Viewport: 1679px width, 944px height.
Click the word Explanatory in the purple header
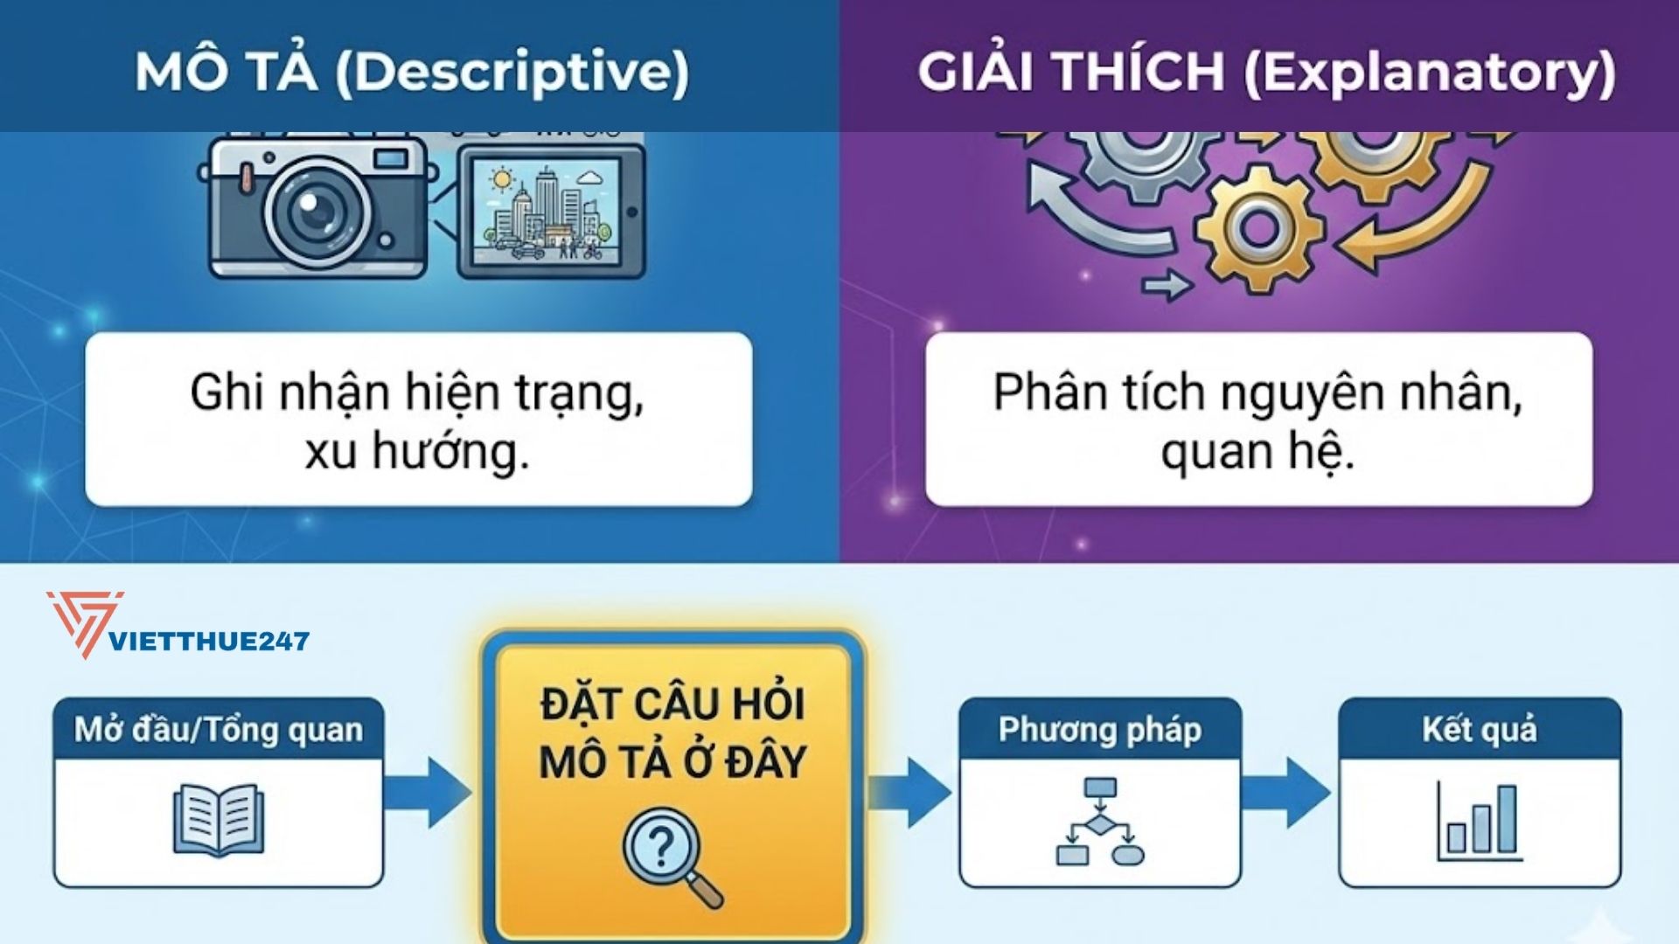point(1429,72)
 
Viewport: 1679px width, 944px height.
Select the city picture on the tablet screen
point(547,212)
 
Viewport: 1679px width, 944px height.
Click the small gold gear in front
point(1259,229)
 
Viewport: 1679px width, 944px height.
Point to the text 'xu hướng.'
point(417,452)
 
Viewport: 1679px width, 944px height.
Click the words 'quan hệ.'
point(1258,452)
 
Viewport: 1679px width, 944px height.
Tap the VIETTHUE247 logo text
point(208,642)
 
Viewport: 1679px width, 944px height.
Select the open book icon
point(218,820)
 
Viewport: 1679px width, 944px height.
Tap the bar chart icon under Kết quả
point(1480,822)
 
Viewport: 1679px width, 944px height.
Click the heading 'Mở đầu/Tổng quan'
point(219,729)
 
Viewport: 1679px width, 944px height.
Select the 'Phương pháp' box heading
point(1099,729)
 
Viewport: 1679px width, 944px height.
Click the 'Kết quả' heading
point(1479,729)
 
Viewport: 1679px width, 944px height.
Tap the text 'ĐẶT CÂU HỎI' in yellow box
point(672,705)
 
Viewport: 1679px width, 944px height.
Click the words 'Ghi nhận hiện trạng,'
point(417,392)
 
